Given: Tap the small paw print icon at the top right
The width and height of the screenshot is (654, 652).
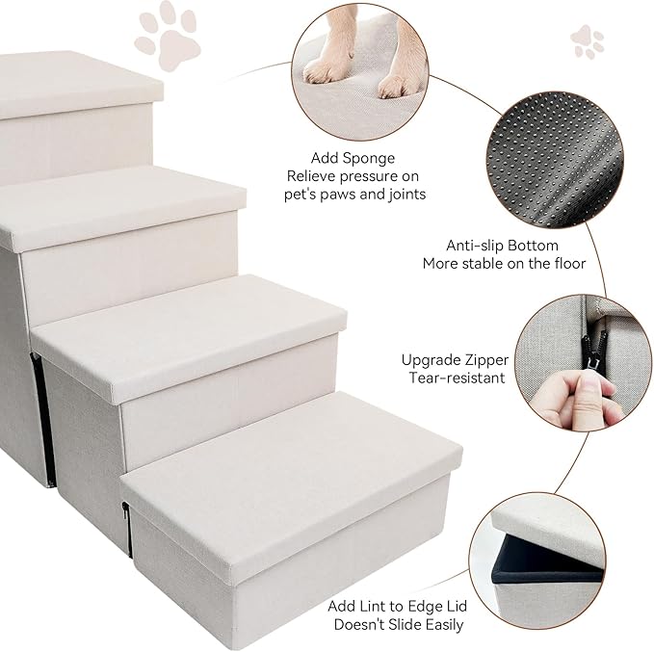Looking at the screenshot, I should (587, 41).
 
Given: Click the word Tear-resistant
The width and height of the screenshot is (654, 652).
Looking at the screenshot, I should (456, 378).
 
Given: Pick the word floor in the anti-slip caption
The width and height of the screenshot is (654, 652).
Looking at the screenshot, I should (565, 264).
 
